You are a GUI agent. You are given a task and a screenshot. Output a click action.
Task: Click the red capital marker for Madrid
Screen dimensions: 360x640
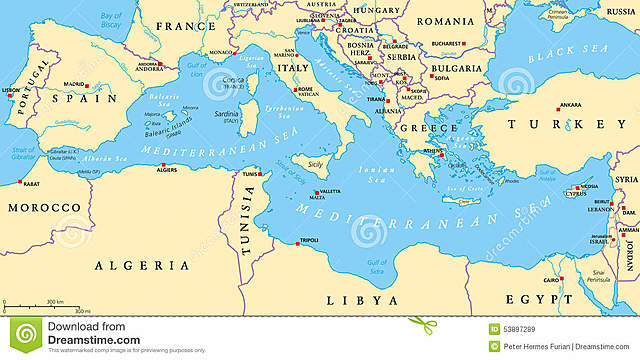pyautogui.click(x=87, y=85)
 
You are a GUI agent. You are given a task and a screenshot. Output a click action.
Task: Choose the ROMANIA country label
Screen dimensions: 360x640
pyautogui.click(x=445, y=21)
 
